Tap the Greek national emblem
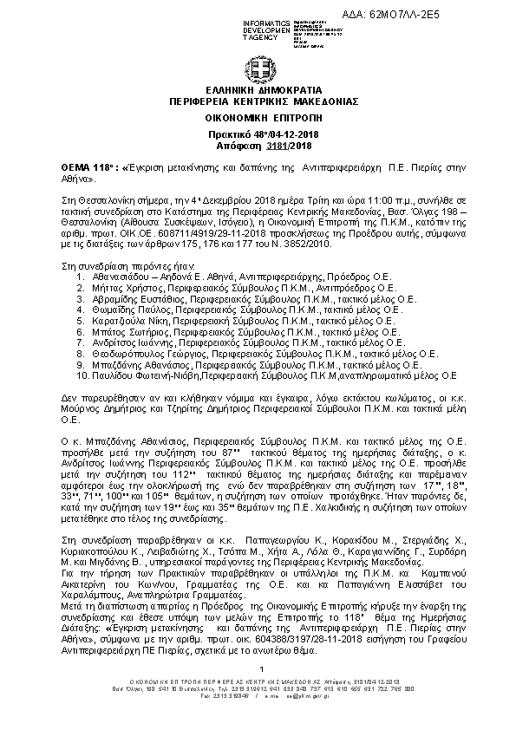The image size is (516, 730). click(258, 68)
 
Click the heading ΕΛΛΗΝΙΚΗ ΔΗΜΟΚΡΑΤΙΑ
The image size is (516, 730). click(258, 90)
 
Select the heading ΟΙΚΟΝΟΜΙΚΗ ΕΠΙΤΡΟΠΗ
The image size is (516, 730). click(258, 114)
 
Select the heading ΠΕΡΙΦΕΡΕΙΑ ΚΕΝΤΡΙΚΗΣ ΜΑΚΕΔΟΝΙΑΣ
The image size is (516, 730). click(258, 101)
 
